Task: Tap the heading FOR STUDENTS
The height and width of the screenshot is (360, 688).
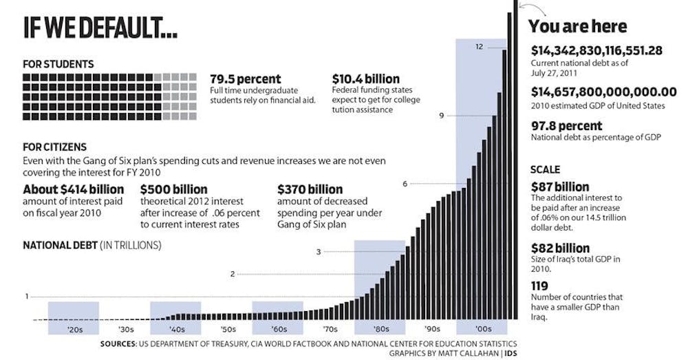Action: click(58, 64)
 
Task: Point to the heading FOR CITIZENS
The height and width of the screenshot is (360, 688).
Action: click(54, 147)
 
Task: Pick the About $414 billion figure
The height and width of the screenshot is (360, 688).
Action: click(74, 189)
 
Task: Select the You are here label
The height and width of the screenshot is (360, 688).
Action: click(577, 27)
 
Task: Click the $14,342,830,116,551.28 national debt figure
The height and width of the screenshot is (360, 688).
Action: click(596, 50)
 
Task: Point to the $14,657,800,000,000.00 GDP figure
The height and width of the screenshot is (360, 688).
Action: click(604, 92)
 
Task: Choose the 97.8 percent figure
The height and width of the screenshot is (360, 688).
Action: click(566, 126)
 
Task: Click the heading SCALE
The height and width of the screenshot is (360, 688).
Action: click(546, 169)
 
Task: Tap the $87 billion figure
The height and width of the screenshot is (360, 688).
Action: click(560, 187)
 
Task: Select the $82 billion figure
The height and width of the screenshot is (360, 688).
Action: click(560, 248)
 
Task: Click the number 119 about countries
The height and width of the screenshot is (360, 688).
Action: click(540, 286)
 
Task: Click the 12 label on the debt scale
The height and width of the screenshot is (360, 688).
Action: click(479, 47)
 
